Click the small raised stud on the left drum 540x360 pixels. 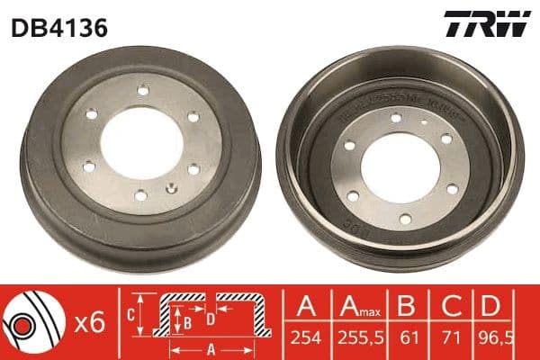click(170, 189)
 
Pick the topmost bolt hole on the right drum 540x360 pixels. click(396, 116)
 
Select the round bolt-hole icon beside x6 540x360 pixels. click(31, 321)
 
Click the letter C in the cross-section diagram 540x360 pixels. click(130, 315)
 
